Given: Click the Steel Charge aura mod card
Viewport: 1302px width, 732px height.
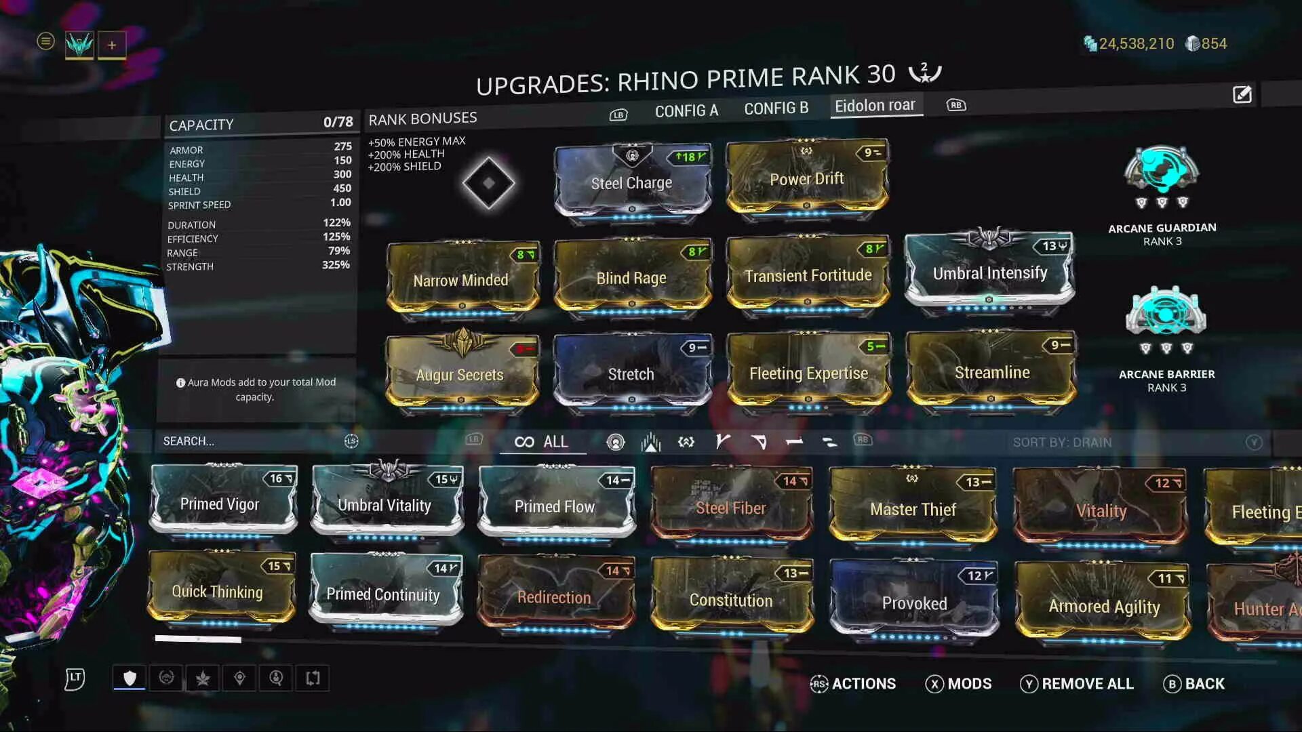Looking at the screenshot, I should pyautogui.click(x=632, y=182).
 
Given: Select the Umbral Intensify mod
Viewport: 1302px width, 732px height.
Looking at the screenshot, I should pyautogui.click(x=989, y=272).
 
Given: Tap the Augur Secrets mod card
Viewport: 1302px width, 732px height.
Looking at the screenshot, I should pyautogui.click(x=460, y=374).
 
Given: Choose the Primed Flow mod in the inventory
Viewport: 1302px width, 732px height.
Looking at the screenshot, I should pyautogui.click(x=555, y=506).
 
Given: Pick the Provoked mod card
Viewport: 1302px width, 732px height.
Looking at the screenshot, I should pyautogui.click(x=913, y=602).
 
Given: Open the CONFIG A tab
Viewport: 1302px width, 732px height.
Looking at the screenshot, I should pyautogui.click(x=686, y=110).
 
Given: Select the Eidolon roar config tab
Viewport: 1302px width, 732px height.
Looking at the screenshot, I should pyautogui.click(x=875, y=106).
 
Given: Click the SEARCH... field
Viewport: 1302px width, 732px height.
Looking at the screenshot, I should pyautogui.click(x=251, y=441).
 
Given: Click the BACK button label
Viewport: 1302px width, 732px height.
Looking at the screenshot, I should pyautogui.click(x=1204, y=684).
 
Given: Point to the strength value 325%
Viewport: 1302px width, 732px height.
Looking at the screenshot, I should pyautogui.click(x=336, y=265).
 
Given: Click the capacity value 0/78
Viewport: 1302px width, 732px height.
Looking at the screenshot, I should pyautogui.click(x=338, y=122).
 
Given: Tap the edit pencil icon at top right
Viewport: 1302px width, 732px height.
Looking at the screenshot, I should pyautogui.click(x=1242, y=95).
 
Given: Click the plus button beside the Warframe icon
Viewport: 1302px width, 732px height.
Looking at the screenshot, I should pyautogui.click(x=112, y=45).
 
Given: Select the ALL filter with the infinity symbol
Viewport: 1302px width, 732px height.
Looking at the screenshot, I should pyautogui.click(x=542, y=442).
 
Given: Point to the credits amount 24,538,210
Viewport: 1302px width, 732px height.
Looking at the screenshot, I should pyautogui.click(x=1136, y=44).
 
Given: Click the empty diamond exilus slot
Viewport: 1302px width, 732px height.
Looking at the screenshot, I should pyautogui.click(x=488, y=182).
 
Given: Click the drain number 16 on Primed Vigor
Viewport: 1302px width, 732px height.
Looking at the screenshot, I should pyautogui.click(x=276, y=479).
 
